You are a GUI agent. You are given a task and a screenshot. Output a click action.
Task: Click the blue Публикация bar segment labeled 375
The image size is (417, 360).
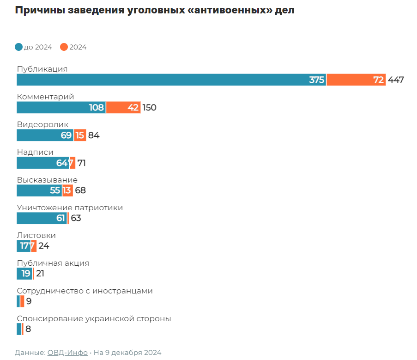pyautogui.click(x=171, y=79)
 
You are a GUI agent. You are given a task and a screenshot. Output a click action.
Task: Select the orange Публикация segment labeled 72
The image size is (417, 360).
pyautogui.click(x=356, y=79)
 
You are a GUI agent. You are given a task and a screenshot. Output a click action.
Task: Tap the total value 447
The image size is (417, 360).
pyautogui.click(x=396, y=79)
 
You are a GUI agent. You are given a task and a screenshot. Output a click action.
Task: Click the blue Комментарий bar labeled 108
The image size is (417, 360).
pyautogui.click(x=61, y=107)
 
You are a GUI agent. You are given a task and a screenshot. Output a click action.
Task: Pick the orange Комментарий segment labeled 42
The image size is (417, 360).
pyautogui.click(x=123, y=107)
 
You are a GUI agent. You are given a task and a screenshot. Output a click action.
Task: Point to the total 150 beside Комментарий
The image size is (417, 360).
pyautogui.click(x=150, y=107)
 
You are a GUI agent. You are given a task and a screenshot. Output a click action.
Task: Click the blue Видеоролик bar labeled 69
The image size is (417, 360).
pyautogui.click(x=45, y=135)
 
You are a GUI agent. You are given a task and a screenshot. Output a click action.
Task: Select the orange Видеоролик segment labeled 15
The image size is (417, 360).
pyautogui.click(x=80, y=135)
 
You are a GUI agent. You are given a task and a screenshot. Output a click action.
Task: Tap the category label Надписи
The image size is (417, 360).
pyautogui.click(x=35, y=152)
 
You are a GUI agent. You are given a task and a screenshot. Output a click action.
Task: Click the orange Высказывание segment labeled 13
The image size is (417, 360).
pyautogui.click(x=67, y=190)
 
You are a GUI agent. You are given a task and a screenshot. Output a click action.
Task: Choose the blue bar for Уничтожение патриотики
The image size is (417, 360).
pyautogui.click(x=42, y=218)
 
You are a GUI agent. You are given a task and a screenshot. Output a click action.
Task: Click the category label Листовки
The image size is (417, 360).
pyautogui.click(x=36, y=235)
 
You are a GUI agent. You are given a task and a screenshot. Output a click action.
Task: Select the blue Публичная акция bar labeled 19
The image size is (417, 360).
pyautogui.click(x=24, y=274)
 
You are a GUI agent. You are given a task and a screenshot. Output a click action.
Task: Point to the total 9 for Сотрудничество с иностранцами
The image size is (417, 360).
pyautogui.click(x=29, y=301)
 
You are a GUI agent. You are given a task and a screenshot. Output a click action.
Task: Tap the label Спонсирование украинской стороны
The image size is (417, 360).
pyautogui.click(x=94, y=318)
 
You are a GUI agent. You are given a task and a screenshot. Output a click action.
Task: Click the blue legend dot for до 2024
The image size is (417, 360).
pyautogui.click(x=19, y=47)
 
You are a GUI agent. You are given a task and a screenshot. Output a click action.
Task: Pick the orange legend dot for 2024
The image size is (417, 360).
pyautogui.click(x=64, y=47)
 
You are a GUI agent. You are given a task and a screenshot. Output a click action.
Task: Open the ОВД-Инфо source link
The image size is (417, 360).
pyautogui.click(x=67, y=352)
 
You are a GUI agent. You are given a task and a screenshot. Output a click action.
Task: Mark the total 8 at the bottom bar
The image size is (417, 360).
pyautogui.click(x=28, y=329)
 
